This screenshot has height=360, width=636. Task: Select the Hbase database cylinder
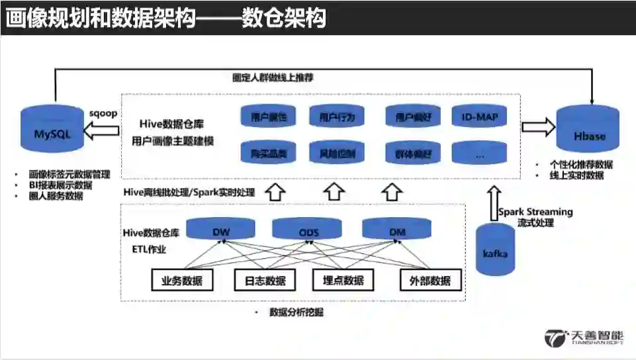tap(590, 136)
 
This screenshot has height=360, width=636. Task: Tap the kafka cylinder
tap(495, 250)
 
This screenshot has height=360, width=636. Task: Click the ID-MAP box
tap(479, 118)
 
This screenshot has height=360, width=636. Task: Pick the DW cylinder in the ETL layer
tap(220, 230)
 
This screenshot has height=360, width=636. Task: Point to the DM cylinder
tap(396, 230)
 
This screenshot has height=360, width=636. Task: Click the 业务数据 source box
tap(183, 280)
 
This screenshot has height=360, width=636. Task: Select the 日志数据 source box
tap(261, 280)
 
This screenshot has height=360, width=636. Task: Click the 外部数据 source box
tap(426, 280)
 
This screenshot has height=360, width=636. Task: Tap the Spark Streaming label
tap(535, 212)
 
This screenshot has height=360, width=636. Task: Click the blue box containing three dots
tap(479, 154)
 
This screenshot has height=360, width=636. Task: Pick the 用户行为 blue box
tap(337, 118)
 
